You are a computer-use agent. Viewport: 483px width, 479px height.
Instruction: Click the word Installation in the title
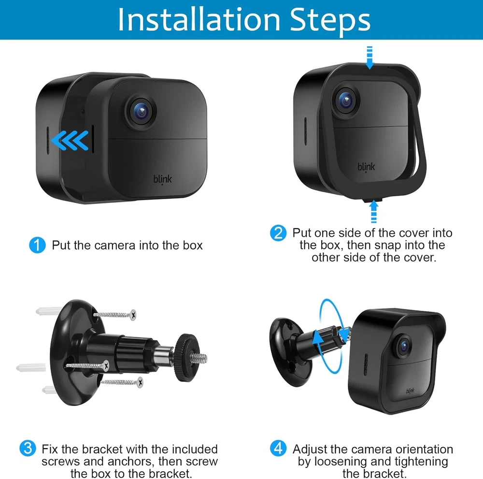tap(199, 20)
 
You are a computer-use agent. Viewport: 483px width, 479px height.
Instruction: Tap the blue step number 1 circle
tap(37, 246)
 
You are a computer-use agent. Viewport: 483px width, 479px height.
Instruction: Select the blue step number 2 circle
tap(278, 233)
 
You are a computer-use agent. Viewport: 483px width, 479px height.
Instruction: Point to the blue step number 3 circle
tap(28, 449)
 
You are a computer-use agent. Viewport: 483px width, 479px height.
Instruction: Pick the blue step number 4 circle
tap(278, 449)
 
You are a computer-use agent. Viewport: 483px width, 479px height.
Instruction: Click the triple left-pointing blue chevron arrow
tap(70, 141)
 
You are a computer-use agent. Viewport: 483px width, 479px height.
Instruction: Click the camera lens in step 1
tap(141, 112)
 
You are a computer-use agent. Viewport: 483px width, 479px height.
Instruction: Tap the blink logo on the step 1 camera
tap(163, 179)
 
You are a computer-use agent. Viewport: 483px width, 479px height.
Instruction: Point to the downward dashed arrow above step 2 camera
tap(369, 58)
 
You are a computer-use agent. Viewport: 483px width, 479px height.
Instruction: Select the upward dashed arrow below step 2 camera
tap(374, 211)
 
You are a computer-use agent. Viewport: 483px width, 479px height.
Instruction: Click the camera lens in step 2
tap(346, 101)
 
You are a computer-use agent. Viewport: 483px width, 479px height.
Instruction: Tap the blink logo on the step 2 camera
tap(366, 167)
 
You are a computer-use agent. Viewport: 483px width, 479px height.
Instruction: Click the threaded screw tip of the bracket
tap(199, 358)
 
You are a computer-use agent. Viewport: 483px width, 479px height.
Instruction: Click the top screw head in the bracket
tap(133, 315)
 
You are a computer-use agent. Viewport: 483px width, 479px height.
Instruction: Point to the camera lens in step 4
tap(403, 347)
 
